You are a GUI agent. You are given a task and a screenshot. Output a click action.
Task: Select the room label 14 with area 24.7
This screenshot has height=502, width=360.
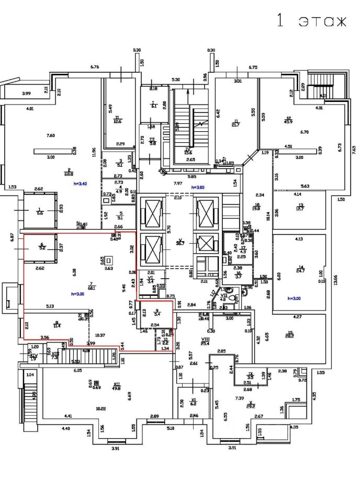[300, 268]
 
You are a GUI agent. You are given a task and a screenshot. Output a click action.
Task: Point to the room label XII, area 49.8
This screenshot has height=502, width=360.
[116, 386]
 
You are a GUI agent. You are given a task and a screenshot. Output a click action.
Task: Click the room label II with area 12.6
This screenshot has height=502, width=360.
[118, 120]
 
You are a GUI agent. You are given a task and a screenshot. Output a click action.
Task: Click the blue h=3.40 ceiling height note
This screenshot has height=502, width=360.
[80, 185]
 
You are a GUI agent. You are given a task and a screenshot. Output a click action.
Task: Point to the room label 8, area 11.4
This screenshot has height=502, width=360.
[57, 324]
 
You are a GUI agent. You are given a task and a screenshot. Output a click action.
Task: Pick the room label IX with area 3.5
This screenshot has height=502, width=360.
[250, 375]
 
